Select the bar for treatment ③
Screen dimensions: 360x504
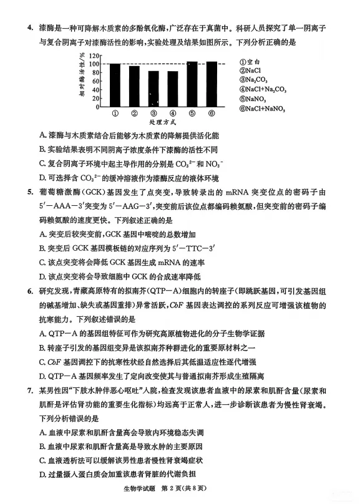click(x=153, y=89)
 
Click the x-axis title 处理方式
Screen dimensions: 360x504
click(x=163, y=123)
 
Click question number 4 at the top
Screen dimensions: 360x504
click(x=28, y=28)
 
